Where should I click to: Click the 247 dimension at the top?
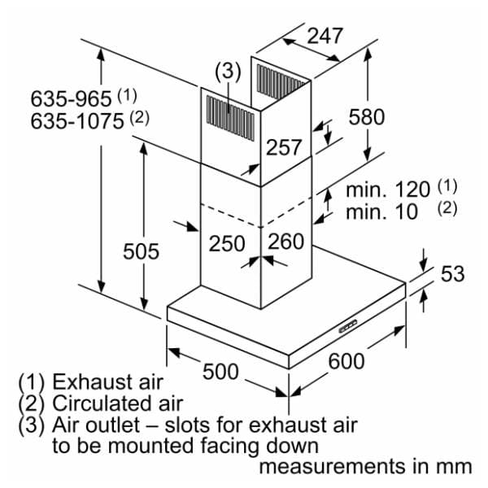[325, 36]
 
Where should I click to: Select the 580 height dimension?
[367, 117]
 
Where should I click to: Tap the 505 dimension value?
[141, 251]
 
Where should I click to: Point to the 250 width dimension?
[227, 243]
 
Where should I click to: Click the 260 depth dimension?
[285, 242]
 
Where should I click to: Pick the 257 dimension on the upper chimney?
[284, 147]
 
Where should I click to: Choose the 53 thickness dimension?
[452, 274]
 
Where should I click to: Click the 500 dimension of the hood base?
[220, 372]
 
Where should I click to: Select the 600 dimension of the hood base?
[346, 361]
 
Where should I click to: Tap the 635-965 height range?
[71, 98]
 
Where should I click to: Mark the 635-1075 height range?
[77, 121]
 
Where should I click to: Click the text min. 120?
[388, 190]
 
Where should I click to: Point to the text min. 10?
[381, 212]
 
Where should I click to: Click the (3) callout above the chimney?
[228, 72]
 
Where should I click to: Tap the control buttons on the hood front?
[348, 326]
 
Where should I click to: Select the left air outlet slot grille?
[230, 118]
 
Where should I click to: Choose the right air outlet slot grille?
[281, 81]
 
